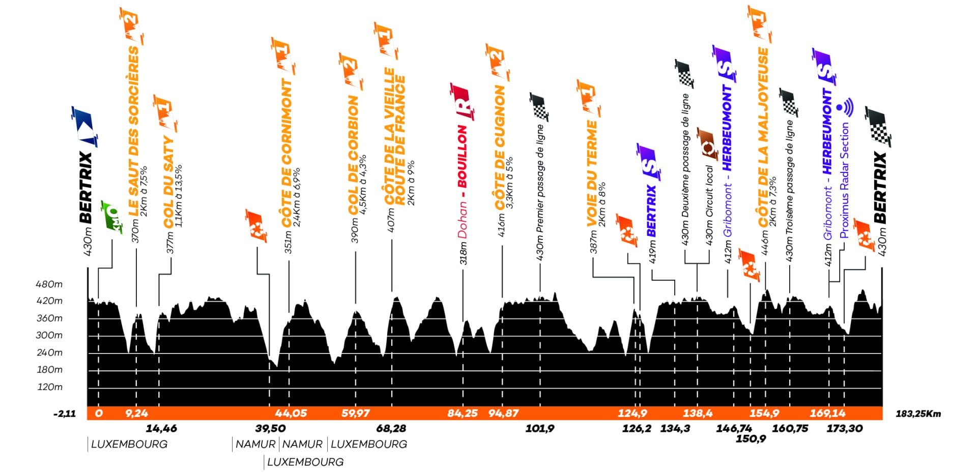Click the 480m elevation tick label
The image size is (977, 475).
coord(49,284)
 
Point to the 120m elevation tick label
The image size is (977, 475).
coord(50,387)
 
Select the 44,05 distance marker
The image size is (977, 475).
coord(291,413)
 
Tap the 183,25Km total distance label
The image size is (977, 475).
coord(918,413)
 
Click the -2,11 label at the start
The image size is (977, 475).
coord(65,413)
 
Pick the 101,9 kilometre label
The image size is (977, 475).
coord(539,429)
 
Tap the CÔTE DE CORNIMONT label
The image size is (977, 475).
coord(287,153)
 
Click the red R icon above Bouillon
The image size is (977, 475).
coord(462,102)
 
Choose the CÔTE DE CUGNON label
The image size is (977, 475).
coord(500,147)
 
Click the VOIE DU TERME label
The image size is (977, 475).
coord(591,173)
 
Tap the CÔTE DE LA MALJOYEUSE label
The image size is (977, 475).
coord(763,137)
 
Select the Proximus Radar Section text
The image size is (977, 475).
coord(845,181)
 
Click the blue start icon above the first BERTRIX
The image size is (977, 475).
coord(84,126)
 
